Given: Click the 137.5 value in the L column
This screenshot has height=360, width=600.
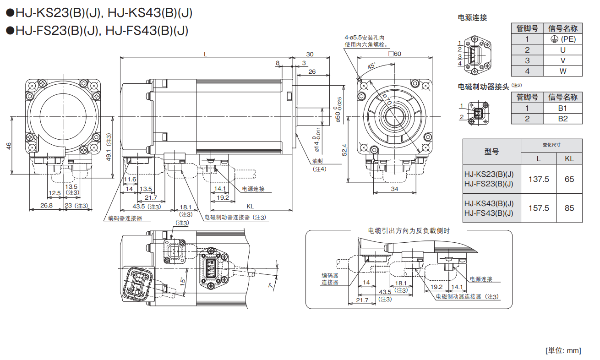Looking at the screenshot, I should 539,179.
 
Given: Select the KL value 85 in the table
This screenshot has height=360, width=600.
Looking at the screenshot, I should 569,208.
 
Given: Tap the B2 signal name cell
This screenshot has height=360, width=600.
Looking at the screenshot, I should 563,119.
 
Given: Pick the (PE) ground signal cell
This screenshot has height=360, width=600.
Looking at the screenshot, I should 563,39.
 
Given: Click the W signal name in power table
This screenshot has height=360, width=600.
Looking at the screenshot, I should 563,71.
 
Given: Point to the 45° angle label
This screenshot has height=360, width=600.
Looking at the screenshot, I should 371,65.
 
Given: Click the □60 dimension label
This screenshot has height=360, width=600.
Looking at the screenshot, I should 394,54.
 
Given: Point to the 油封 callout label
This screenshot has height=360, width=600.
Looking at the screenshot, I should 318,161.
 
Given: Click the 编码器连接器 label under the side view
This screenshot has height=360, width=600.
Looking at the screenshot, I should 125,218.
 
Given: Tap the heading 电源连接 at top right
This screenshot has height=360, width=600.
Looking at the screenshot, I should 472,17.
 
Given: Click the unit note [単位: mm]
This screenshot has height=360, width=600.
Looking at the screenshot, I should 563,350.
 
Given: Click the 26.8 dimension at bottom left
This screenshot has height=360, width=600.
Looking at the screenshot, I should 46,206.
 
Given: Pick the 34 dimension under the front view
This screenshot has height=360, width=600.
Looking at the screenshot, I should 394,189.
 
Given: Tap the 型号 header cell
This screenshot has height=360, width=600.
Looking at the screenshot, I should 491,152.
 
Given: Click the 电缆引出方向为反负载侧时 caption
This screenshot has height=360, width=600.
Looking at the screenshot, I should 409,230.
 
